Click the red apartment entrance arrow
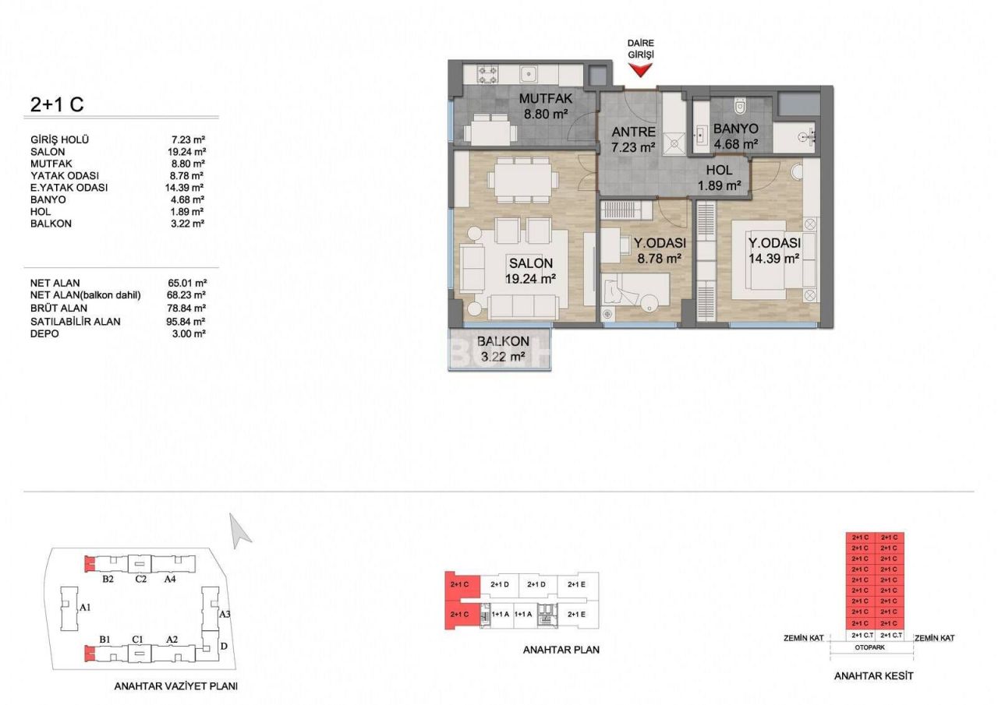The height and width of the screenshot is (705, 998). tap(640, 70)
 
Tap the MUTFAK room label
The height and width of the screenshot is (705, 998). tap(546, 99)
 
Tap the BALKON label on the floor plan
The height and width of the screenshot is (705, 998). tap(503, 341)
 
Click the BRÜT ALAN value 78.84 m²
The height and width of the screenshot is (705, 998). tap(189, 308)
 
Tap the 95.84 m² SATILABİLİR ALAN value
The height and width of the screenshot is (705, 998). tap(189, 321)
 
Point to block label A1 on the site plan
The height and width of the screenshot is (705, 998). tap(86, 606)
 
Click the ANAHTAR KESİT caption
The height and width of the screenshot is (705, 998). tap(873, 675)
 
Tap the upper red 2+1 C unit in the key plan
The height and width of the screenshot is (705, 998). tap(459, 584)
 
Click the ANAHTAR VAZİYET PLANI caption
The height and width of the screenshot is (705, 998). tap(175, 686)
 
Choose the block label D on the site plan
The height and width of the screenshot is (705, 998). tap(224, 646)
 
